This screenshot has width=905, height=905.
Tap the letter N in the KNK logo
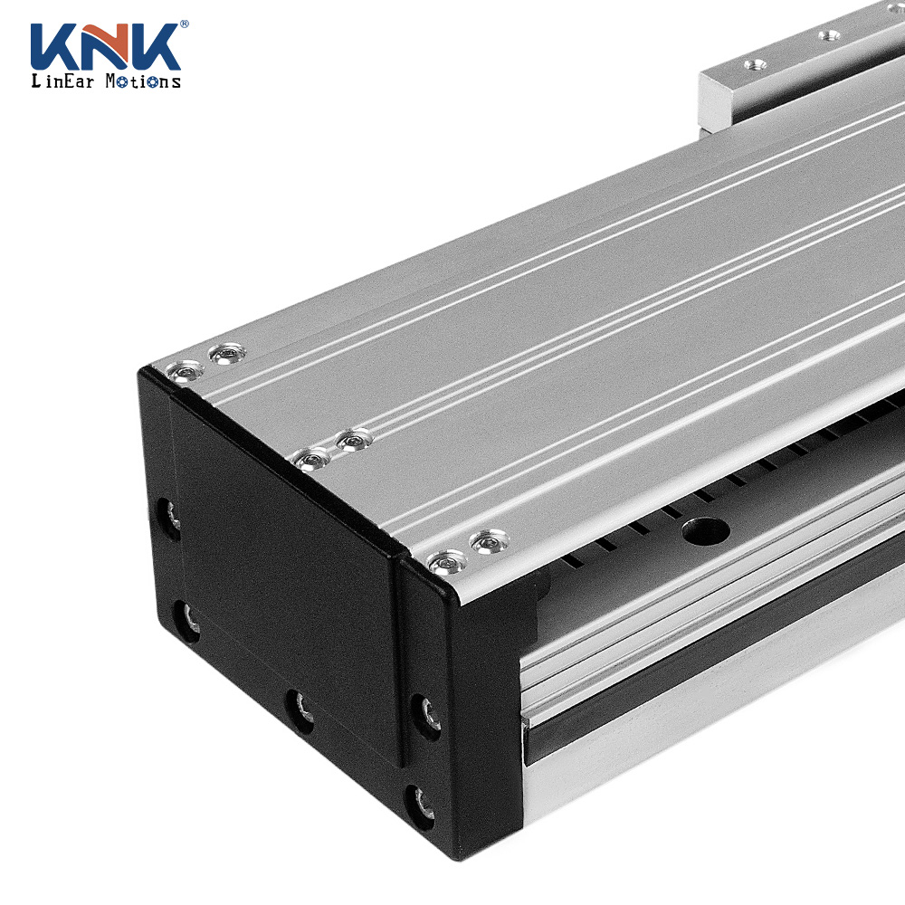104,47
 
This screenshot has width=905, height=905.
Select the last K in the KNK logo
152,47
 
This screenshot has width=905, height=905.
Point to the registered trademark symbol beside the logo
184,24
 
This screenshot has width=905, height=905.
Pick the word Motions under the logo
143,81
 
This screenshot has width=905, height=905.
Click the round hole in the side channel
705,530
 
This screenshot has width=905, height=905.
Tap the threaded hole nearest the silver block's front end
755,64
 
